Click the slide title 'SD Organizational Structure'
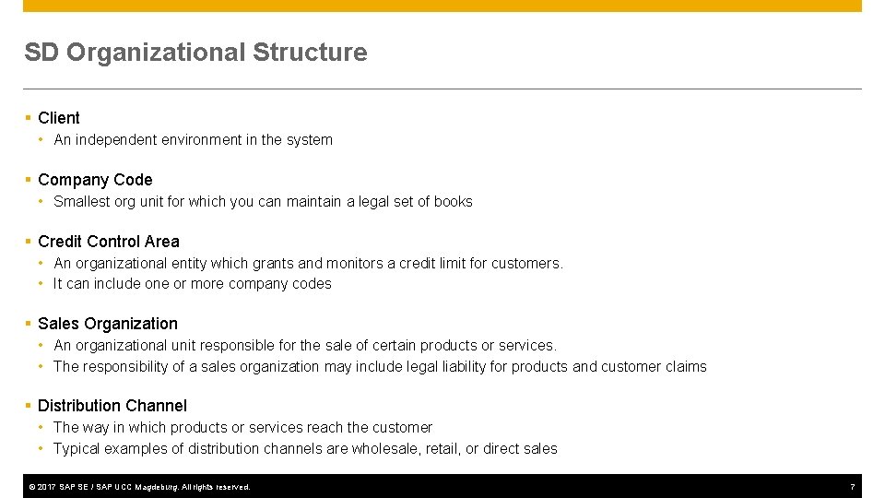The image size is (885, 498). [x=195, y=53]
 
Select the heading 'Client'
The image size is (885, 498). [x=59, y=118]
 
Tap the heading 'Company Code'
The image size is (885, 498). [x=95, y=180]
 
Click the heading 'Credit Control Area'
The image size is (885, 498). [x=109, y=242]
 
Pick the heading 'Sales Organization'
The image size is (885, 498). [x=108, y=324]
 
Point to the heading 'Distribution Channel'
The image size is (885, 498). [x=112, y=406]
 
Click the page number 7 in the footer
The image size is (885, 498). [x=853, y=486]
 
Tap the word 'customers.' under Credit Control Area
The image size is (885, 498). [x=526, y=264]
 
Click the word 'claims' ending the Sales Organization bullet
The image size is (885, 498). [x=687, y=367]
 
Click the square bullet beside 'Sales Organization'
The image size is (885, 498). [x=29, y=324]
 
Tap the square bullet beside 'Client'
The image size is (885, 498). [x=29, y=118]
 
